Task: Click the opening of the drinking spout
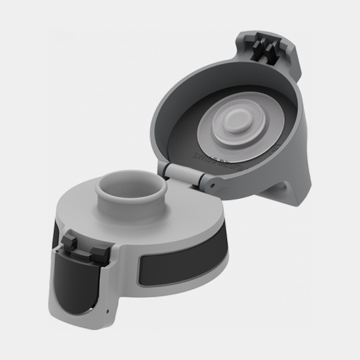point(131,186)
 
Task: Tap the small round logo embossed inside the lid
point(275,149)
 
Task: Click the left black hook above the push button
point(70,242)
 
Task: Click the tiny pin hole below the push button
point(108,311)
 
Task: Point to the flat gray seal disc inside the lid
point(211,141)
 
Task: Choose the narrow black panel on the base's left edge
point(55,236)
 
